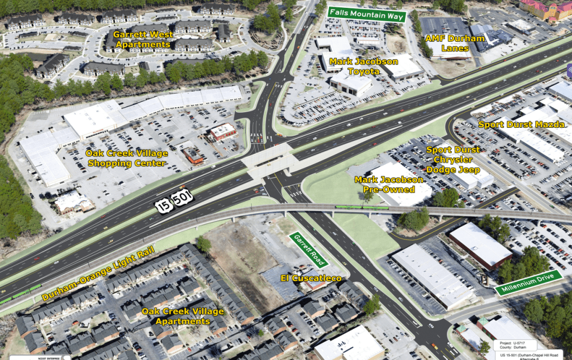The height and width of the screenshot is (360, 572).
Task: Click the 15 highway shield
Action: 163,206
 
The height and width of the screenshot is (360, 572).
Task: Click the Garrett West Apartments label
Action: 143,39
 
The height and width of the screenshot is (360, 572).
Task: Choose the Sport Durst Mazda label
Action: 521,124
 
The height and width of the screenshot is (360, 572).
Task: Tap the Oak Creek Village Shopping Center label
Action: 125,158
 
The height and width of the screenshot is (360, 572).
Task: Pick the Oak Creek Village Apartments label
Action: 183,316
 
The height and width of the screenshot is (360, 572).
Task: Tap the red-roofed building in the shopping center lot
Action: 222,131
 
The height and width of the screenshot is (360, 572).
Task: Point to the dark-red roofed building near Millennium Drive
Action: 480,246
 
